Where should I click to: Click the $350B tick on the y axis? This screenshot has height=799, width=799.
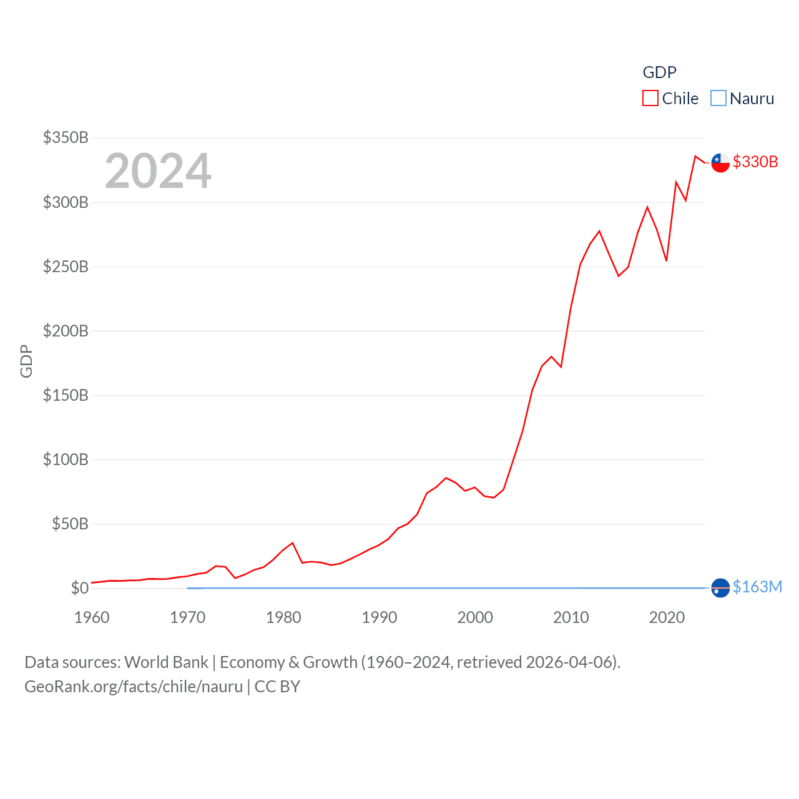[x=65, y=137]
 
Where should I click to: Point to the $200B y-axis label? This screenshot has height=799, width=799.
[x=65, y=331]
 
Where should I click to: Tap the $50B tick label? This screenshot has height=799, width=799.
[x=69, y=524]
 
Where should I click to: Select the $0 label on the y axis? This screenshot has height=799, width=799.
[x=79, y=588]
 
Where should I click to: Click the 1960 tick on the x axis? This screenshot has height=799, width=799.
[x=92, y=617]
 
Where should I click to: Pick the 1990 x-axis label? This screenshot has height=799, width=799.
[x=380, y=617]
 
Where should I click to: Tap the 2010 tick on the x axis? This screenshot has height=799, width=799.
[x=571, y=617]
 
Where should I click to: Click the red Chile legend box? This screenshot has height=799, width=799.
[x=650, y=99]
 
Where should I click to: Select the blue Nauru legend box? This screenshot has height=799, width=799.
[x=718, y=99]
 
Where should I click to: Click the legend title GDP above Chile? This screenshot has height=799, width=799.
[x=659, y=72]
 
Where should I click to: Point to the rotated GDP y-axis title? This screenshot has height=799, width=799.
[x=26, y=361]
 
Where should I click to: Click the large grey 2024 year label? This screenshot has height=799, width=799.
[x=158, y=171]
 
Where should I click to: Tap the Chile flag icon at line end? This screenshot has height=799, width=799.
[x=720, y=162]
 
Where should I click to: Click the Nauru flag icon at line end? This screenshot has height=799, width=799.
[x=720, y=588]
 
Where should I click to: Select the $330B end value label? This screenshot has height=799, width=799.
[x=755, y=162]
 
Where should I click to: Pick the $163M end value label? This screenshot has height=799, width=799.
[x=757, y=587]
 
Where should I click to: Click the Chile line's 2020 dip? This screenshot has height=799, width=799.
[x=667, y=260]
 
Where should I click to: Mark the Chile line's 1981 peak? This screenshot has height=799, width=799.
[x=293, y=543]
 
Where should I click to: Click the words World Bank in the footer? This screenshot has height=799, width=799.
[x=166, y=662]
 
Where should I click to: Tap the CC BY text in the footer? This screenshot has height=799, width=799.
[x=277, y=687]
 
